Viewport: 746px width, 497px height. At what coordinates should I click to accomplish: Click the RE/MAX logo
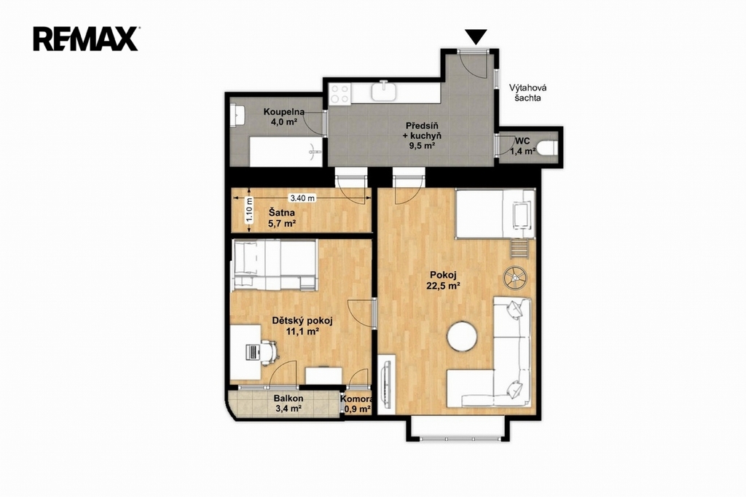(x=86, y=39)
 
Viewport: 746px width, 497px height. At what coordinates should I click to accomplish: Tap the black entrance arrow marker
(x=476, y=36)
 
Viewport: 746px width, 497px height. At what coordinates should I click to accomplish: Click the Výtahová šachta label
(x=527, y=93)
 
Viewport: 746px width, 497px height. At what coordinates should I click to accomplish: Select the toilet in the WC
(x=548, y=148)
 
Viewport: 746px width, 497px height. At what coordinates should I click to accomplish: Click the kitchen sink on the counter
(x=383, y=90)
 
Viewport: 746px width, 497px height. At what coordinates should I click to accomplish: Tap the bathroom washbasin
(x=237, y=115)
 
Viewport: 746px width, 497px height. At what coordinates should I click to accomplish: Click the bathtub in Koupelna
(x=286, y=152)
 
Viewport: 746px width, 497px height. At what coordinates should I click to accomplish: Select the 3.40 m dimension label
(x=302, y=197)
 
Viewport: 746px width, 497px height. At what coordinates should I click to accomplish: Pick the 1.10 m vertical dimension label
(x=249, y=210)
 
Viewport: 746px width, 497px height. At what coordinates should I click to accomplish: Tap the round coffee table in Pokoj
(x=461, y=337)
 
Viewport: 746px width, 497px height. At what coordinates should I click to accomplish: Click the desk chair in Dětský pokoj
(x=268, y=352)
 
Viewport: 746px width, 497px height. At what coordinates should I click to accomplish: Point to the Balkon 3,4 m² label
(x=288, y=403)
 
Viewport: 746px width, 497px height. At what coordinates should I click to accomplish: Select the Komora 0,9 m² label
(x=356, y=404)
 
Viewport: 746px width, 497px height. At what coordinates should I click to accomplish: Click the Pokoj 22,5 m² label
(x=444, y=280)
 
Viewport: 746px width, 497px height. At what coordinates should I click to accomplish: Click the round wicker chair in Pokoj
(x=516, y=277)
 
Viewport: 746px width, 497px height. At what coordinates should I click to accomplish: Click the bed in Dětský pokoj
(x=274, y=265)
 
